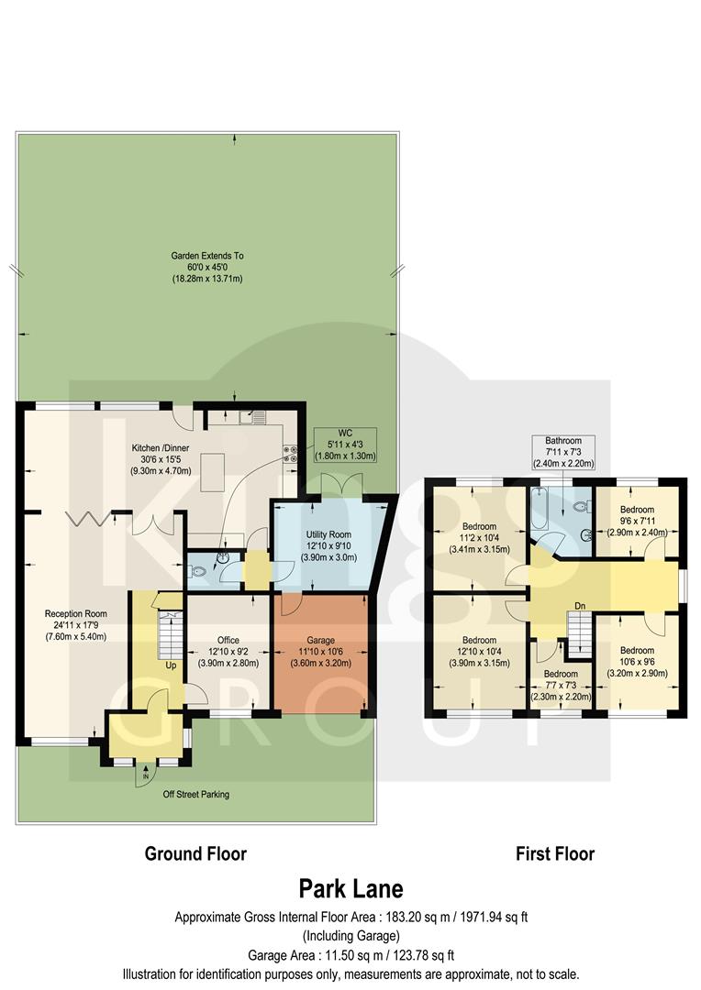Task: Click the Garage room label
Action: (x=321, y=652)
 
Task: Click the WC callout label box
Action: (x=345, y=445)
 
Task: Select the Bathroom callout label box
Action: (x=562, y=452)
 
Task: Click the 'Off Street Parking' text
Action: (x=191, y=794)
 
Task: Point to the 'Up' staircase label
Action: (x=171, y=665)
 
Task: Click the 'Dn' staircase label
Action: (x=580, y=606)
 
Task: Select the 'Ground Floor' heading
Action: (x=195, y=854)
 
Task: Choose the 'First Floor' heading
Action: (x=554, y=854)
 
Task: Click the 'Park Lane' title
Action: (x=350, y=888)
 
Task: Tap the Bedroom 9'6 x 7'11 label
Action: (x=636, y=521)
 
